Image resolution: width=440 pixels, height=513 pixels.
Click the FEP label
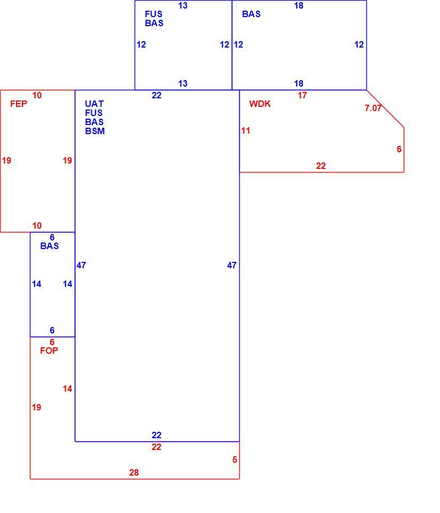tap(19, 104)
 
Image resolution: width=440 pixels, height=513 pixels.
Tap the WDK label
tap(260, 104)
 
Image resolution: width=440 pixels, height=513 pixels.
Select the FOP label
tap(49, 351)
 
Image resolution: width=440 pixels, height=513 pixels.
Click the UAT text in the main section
tap(94, 104)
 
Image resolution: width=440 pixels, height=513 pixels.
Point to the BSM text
tap(95, 131)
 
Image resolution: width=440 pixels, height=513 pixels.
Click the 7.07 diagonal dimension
tap(373, 108)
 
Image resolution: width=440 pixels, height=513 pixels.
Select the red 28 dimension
tap(133, 472)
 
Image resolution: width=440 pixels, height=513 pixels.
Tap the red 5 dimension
tap(235, 460)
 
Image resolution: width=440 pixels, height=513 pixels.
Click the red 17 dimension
tap(302, 95)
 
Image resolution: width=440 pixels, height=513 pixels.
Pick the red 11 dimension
tap(246, 130)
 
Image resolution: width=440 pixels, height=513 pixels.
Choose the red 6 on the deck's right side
tap(399, 149)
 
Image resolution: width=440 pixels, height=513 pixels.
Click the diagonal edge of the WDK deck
tap(386, 108)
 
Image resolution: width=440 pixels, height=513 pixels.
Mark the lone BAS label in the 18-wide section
tap(252, 14)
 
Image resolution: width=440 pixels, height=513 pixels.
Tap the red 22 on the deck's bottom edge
tap(321, 166)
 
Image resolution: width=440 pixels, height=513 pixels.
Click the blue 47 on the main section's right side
tap(232, 265)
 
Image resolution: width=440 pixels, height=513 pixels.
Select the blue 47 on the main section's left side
tap(81, 265)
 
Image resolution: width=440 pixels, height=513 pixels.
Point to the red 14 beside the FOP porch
tap(67, 388)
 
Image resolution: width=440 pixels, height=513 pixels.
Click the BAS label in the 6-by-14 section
tap(49, 246)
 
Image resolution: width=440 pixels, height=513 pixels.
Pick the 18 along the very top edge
tap(298, 5)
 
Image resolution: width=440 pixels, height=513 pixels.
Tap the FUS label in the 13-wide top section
tap(154, 14)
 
